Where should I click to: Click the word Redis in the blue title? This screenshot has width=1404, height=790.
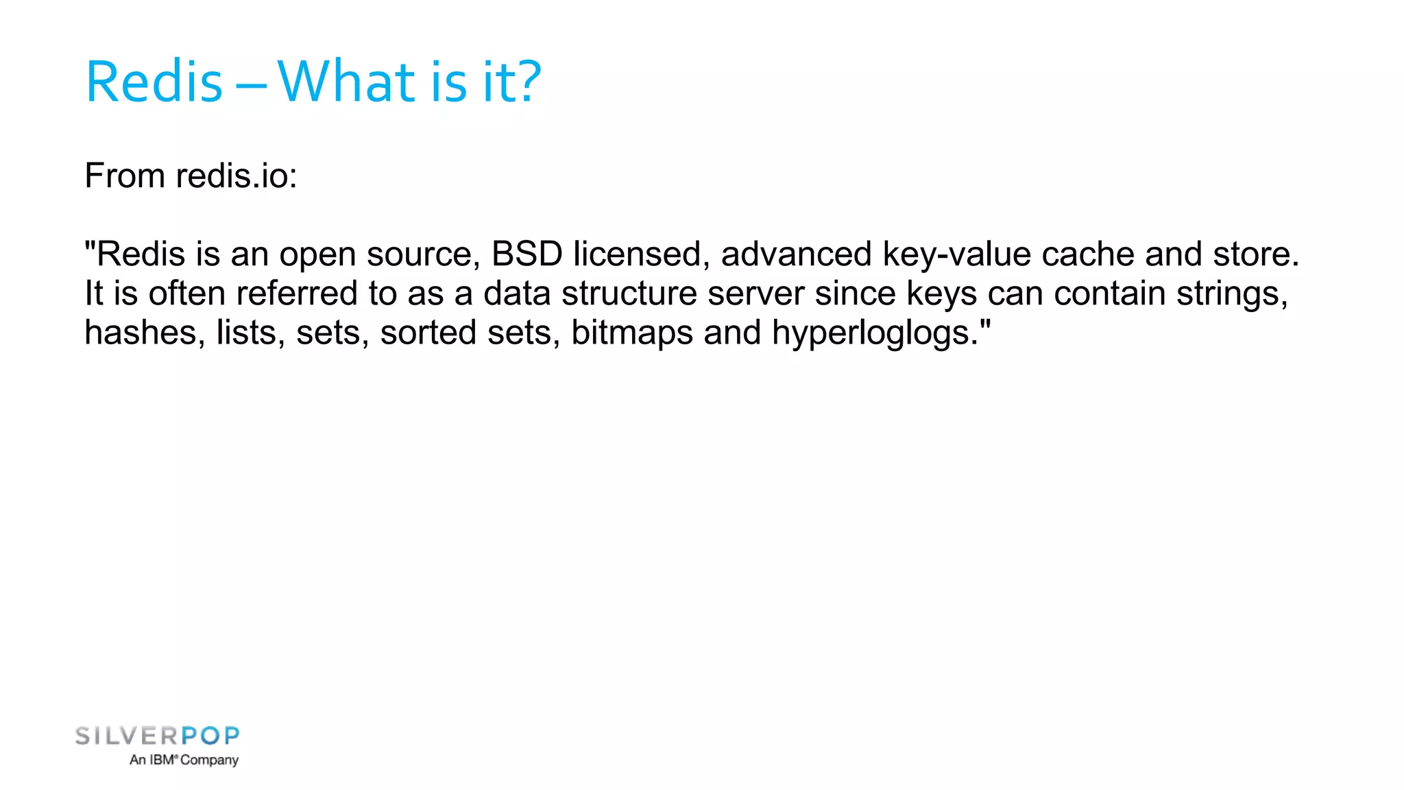[154, 82]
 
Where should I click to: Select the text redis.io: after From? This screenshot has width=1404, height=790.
[237, 176]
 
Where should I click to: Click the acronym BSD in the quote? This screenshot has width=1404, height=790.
[526, 254]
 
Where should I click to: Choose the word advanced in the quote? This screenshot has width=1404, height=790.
[796, 254]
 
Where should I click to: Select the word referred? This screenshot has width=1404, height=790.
[297, 294]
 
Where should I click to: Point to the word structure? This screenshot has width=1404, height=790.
[629, 294]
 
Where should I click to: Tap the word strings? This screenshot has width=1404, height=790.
[1232, 294]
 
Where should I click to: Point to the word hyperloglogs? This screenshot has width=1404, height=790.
[875, 333]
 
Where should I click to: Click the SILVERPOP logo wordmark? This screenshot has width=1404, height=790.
[158, 737]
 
